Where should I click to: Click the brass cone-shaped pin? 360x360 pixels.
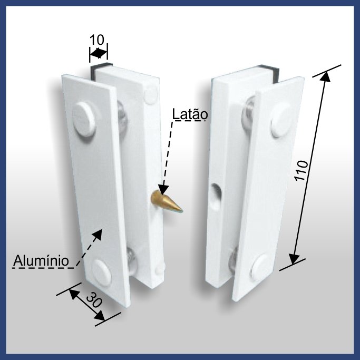pos(166,202)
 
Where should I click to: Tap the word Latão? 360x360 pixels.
pos(190,115)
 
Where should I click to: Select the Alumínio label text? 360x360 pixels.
pos(41,260)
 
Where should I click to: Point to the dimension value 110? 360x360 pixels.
pos(301,170)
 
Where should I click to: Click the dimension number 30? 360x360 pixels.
pos(94,300)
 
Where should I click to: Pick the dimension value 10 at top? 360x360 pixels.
pos(96,40)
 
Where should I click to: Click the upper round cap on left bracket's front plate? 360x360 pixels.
pos(84,120)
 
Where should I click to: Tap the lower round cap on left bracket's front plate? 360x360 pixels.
pos(101,273)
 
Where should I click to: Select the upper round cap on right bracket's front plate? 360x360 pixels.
pos(281,120)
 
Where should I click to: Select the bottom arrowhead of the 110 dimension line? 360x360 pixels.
pos(294,259)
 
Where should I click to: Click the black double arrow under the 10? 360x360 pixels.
pos(98,53)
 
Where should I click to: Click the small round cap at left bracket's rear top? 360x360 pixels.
pos(151,94)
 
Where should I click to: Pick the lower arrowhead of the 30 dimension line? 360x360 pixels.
pos(100,315)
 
